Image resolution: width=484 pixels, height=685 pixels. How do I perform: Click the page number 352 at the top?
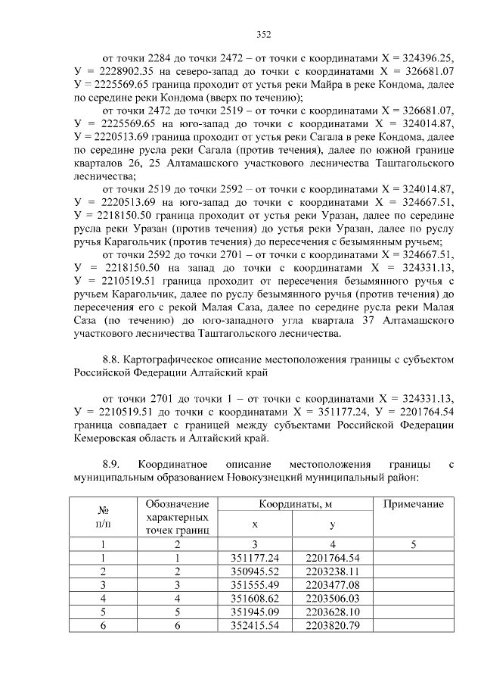pyautogui.click(x=263, y=34)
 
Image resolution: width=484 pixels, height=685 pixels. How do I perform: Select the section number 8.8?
pyautogui.click(x=111, y=360)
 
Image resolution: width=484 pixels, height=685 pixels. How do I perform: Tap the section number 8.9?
pyautogui.click(x=111, y=462)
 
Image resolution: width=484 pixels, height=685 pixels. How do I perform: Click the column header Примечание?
pyautogui.click(x=413, y=504)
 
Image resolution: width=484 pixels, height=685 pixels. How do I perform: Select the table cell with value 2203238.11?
pyautogui.click(x=333, y=571)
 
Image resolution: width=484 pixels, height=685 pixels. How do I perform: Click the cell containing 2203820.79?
pyautogui.click(x=333, y=625)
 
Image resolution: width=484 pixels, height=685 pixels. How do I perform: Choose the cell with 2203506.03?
pyautogui.click(x=333, y=598)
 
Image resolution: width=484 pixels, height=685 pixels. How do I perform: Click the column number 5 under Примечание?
pyautogui.click(x=413, y=544)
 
